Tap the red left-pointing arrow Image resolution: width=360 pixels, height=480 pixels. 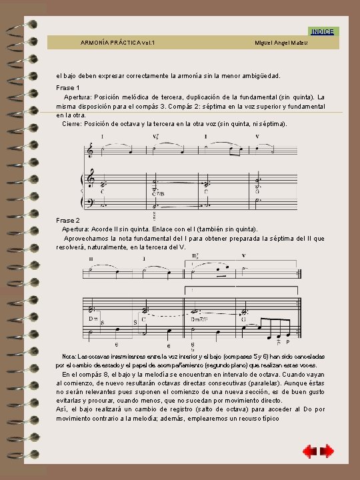click(x=310, y=452)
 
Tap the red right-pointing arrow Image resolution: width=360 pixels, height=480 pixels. click(x=327, y=452)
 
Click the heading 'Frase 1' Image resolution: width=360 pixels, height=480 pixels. click(x=67, y=88)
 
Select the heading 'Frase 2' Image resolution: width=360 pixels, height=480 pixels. click(x=67, y=220)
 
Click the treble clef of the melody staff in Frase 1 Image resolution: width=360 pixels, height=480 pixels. click(x=91, y=151)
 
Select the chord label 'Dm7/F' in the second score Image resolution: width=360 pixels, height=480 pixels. click(x=199, y=319)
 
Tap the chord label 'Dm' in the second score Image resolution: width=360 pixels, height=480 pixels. click(x=93, y=319)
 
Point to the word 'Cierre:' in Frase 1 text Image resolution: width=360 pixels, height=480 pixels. click(x=73, y=123)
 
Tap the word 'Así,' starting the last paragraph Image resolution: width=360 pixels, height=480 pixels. click(x=62, y=410)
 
